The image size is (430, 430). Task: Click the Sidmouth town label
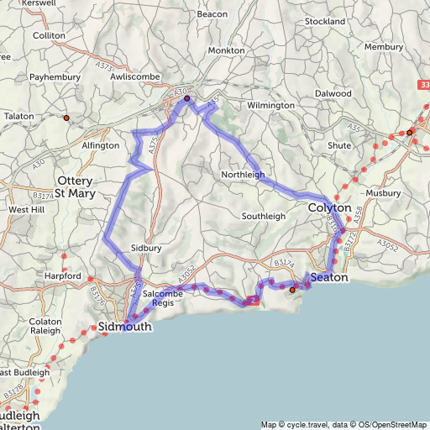coord(125,327)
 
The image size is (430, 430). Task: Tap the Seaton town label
coord(328,277)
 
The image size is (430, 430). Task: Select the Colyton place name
coord(328,207)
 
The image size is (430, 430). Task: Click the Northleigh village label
coord(243,175)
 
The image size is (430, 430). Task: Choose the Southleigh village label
coord(264,216)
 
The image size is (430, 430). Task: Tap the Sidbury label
coord(146,249)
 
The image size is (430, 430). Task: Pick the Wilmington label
coord(270,105)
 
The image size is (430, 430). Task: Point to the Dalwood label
coord(333,93)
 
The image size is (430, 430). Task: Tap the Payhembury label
coord(53,76)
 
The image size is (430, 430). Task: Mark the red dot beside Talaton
coord(66,118)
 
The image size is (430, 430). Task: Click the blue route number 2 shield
coord(251,301)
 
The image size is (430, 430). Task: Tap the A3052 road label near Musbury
coord(385,244)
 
